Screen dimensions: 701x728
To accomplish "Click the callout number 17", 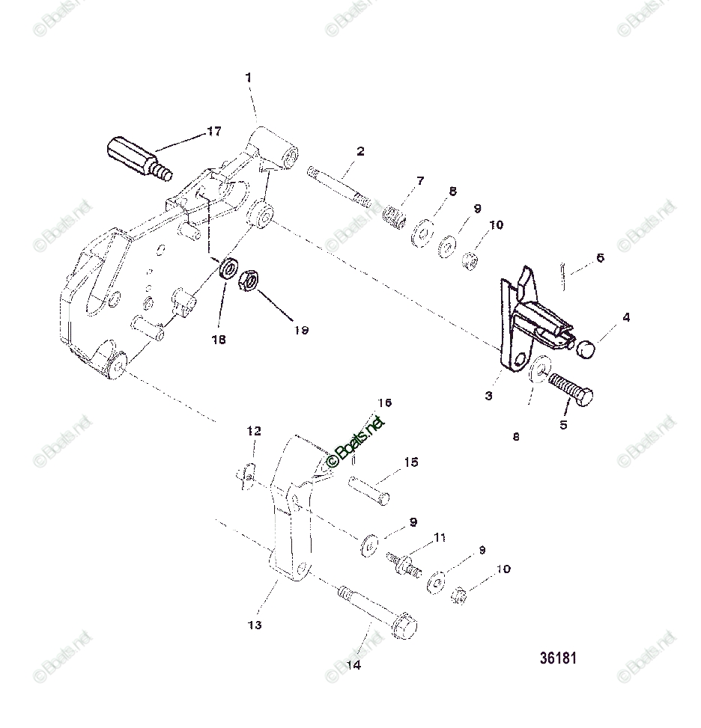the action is (214, 132).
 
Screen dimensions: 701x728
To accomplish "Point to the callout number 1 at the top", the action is (249, 77).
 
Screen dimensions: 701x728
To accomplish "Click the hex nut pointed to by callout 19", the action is (249, 281).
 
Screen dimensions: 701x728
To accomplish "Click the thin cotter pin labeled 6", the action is (563, 272).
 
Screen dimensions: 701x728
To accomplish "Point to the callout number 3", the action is (488, 396).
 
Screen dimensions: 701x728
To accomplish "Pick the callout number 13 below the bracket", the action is (255, 625).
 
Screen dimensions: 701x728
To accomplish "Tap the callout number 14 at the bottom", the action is (353, 666).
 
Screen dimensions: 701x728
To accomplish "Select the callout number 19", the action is (301, 329).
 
